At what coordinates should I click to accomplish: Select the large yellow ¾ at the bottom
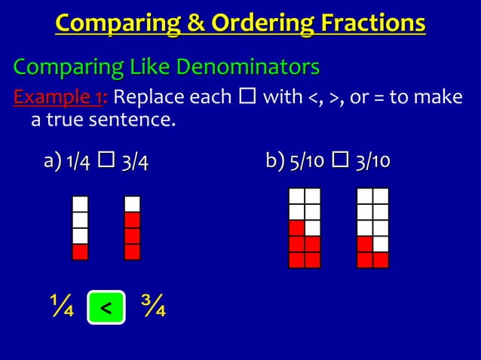[153, 307]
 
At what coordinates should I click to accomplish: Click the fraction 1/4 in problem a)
[80, 161]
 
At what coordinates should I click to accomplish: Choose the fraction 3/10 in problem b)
[375, 161]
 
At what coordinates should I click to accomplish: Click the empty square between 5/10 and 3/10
[343, 161]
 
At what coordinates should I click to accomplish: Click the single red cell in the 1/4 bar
[80, 252]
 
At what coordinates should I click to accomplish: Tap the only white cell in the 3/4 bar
[132, 204]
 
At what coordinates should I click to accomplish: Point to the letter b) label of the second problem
[273, 161]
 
